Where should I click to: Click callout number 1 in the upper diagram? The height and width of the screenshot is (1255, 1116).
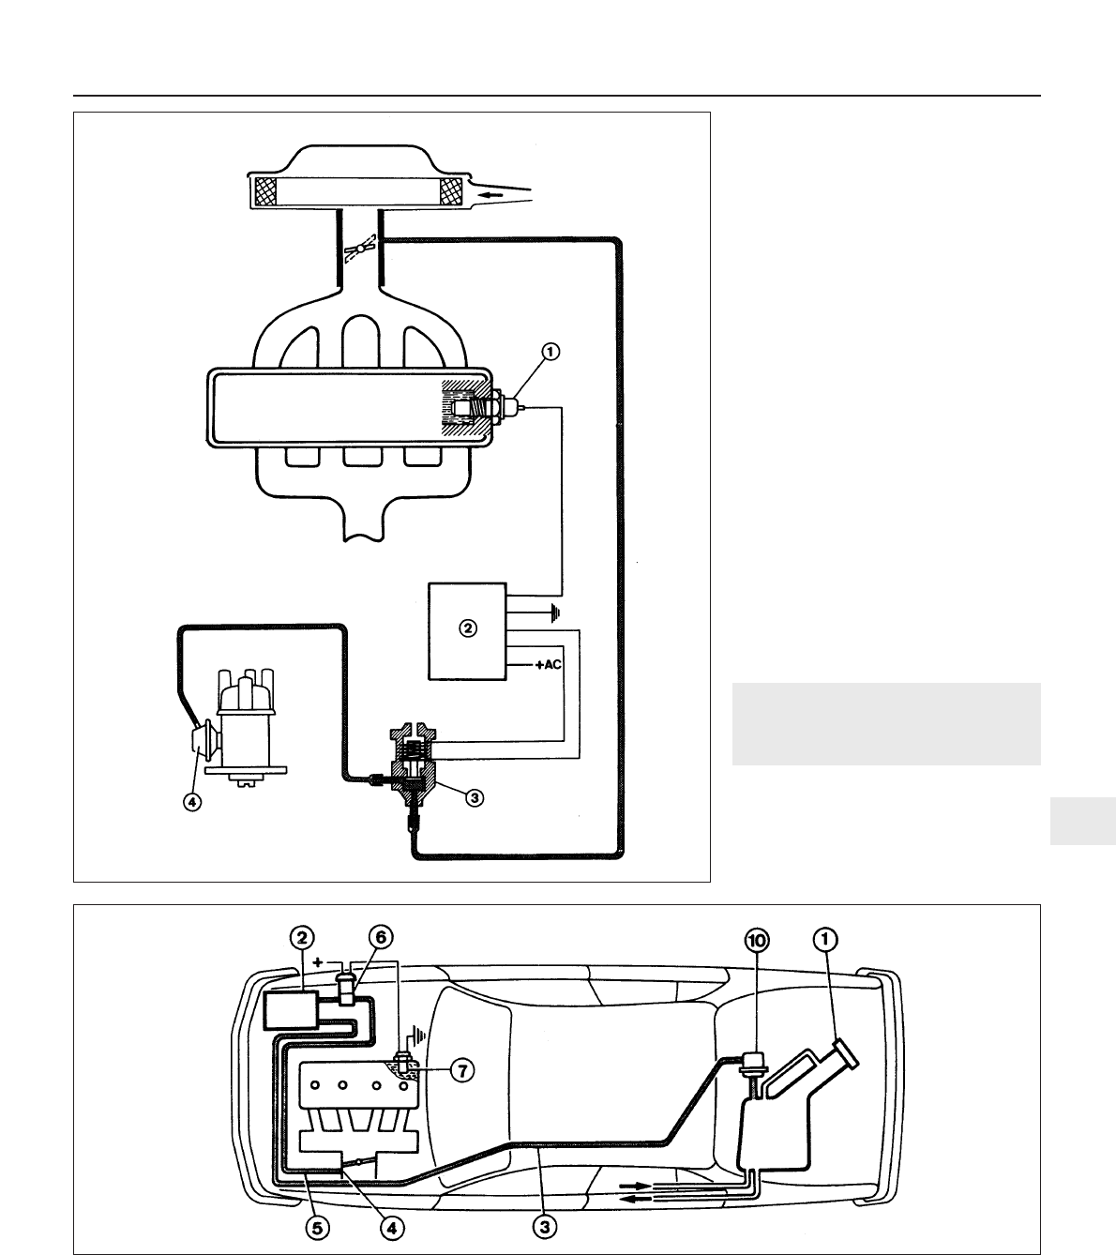(x=550, y=352)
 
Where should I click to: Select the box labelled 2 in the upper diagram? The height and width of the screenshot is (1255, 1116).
(x=467, y=629)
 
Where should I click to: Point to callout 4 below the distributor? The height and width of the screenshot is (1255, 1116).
(x=191, y=803)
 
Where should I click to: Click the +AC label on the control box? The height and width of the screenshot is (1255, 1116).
(x=550, y=664)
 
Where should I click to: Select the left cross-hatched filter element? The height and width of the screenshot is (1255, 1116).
(x=264, y=193)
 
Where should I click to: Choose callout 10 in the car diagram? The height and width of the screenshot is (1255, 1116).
(x=757, y=939)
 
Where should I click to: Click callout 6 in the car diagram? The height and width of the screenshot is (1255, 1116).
(x=380, y=938)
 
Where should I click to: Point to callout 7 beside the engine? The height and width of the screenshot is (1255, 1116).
(x=460, y=1070)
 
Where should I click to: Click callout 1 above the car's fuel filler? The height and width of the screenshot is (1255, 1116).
(x=825, y=939)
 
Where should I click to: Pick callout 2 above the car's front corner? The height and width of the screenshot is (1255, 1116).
(x=301, y=938)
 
